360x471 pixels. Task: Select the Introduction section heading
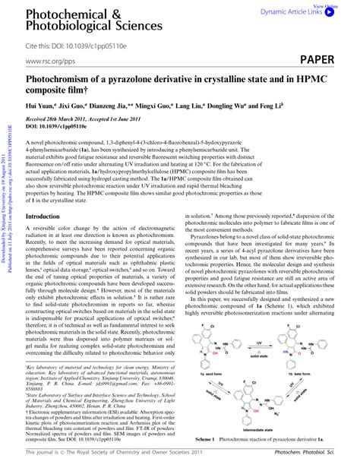coord(48,217)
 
